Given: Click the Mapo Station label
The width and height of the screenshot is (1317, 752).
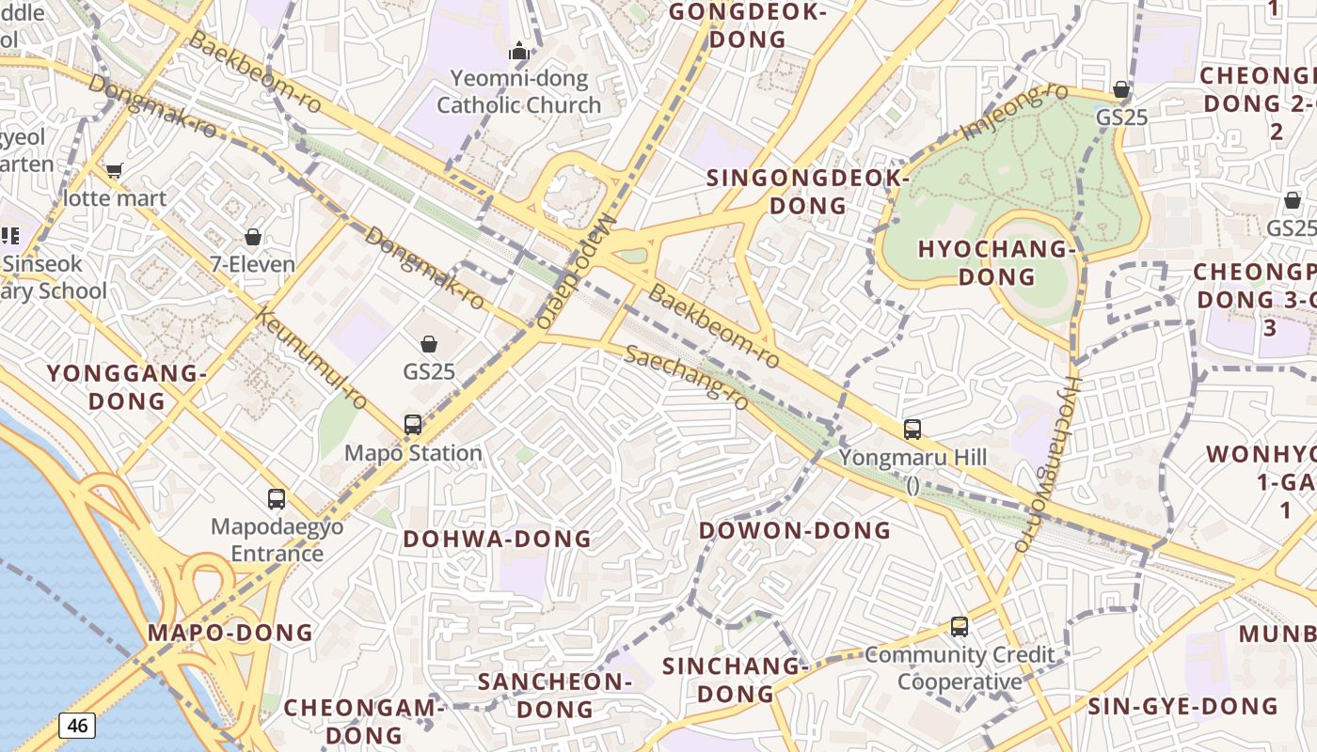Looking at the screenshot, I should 413,453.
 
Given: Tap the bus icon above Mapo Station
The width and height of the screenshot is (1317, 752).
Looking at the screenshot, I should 413,425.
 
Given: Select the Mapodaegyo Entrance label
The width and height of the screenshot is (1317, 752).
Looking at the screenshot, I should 277,540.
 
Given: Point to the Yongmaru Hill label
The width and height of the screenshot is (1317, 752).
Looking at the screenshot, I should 912,458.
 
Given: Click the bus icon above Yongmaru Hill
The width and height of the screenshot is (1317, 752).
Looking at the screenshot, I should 912,430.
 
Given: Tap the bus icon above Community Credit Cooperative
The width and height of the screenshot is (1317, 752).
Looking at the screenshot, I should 959,626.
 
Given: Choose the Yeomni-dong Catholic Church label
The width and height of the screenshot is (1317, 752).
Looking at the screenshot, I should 518,92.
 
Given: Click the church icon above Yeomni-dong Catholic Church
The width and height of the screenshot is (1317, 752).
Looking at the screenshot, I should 518,51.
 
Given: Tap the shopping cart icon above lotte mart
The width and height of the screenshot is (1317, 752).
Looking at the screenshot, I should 115,170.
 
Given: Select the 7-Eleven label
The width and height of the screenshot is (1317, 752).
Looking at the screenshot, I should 252,264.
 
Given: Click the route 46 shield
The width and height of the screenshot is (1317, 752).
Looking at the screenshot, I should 77,725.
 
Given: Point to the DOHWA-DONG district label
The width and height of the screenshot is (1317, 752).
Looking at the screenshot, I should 498,539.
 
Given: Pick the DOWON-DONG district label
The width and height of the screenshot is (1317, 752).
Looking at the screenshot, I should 795,530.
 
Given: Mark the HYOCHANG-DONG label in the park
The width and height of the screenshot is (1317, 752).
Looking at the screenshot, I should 996,263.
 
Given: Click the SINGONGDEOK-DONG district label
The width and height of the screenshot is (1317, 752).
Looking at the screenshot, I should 808,191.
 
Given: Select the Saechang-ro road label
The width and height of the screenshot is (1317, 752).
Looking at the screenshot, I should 688,376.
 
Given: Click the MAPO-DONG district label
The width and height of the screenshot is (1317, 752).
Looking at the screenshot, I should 230,633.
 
